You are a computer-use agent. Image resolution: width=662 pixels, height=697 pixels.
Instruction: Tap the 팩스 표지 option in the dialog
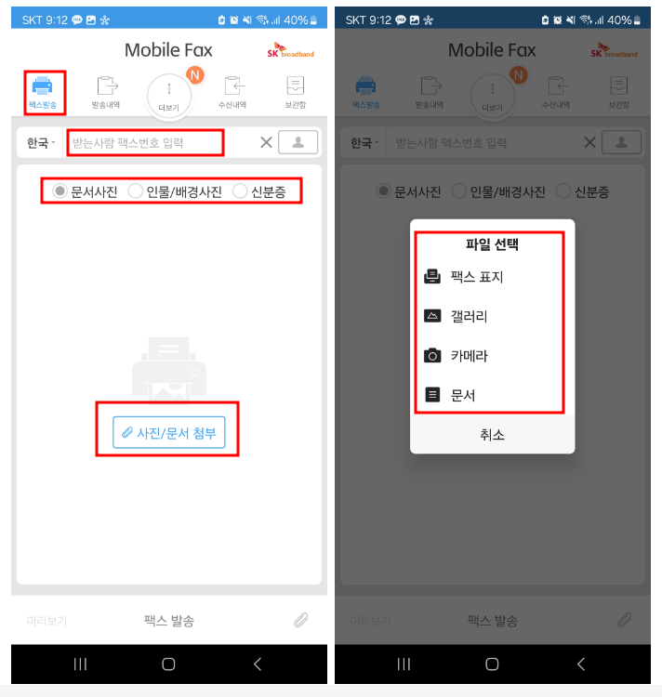coord(476,277)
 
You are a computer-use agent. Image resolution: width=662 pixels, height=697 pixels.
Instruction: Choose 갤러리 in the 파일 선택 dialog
coord(469,316)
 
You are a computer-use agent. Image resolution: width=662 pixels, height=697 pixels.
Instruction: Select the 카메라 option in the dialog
coord(469,356)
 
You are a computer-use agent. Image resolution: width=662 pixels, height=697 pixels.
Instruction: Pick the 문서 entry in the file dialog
coord(462,395)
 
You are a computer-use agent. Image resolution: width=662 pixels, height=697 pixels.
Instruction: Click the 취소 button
coord(492,434)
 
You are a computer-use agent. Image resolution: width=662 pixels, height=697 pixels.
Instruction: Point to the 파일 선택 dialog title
coord(492,245)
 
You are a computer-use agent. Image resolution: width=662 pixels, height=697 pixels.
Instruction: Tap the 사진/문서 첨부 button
coord(168,432)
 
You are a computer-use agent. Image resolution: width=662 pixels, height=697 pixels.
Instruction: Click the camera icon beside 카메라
coord(431,356)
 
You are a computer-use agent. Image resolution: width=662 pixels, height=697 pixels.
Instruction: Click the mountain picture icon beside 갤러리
coord(431,316)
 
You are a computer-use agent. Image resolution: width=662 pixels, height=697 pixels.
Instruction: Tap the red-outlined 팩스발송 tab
coord(43,92)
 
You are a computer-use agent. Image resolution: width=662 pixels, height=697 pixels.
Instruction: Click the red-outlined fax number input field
coord(146,143)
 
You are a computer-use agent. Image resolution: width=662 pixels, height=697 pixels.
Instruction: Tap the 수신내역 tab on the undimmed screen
coord(232,93)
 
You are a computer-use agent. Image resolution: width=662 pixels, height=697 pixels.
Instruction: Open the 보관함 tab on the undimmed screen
coord(296,93)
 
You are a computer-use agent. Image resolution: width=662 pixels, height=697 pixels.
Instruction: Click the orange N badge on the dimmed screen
coord(519,75)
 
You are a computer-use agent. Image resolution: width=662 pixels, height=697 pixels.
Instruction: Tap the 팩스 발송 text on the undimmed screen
coord(168,620)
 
